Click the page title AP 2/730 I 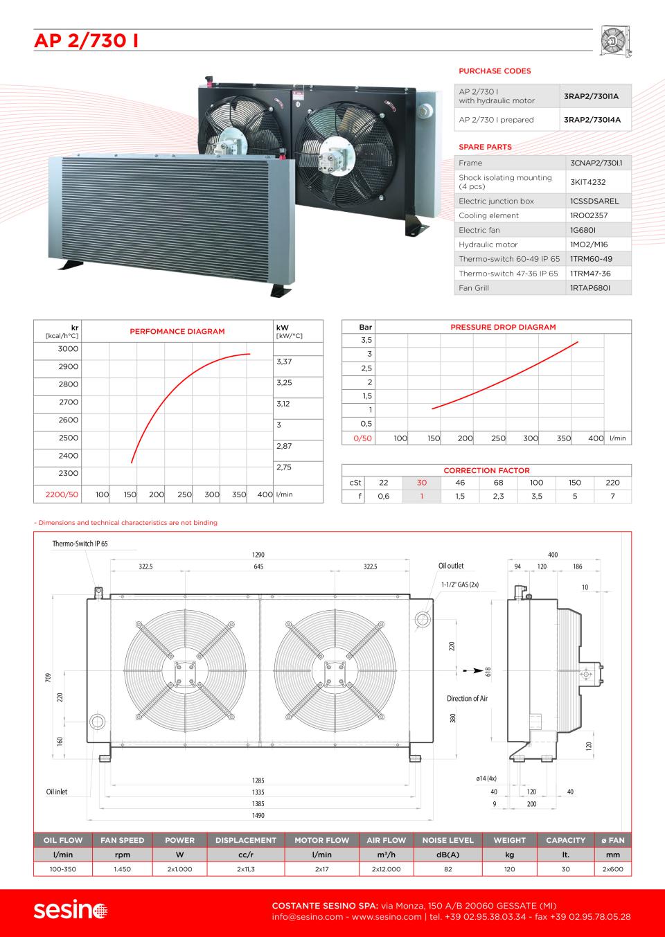point(86,42)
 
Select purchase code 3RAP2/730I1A point(591,96)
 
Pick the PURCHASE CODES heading point(495,71)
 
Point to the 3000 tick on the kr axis point(68,349)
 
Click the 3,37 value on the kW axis point(284,362)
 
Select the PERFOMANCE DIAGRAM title point(177,332)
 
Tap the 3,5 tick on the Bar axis point(366,340)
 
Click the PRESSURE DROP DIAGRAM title point(503,327)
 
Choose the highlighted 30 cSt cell point(422,483)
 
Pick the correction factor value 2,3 point(498,497)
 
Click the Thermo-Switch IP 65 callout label point(80,544)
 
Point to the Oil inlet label point(57,792)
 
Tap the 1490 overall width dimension point(257,816)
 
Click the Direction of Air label point(467,699)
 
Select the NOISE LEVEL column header point(448,840)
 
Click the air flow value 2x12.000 point(386,869)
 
